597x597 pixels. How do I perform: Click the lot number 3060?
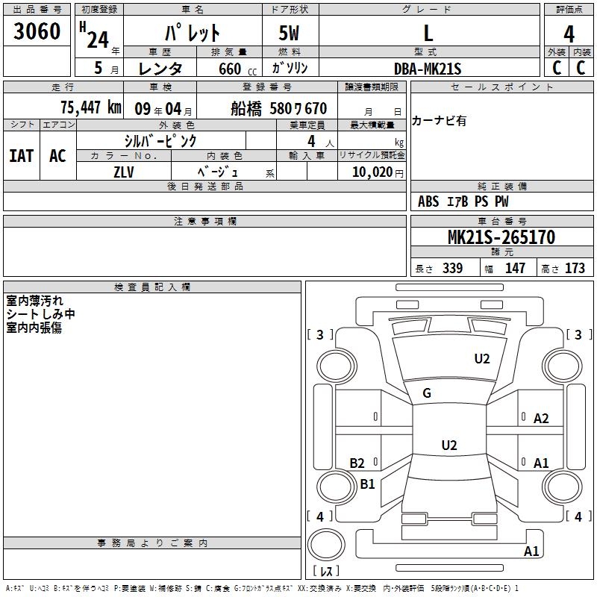(x=37, y=31)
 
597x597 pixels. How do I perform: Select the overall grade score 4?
(x=569, y=34)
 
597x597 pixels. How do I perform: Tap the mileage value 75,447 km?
(x=91, y=107)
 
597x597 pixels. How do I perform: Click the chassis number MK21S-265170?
(x=501, y=237)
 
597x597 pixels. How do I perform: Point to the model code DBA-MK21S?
(x=428, y=69)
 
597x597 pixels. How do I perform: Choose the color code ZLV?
(x=124, y=172)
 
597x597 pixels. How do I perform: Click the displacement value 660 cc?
(x=237, y=69)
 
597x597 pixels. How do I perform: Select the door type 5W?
(x=289, y=33)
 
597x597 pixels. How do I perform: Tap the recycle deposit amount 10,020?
(x=372, y=172)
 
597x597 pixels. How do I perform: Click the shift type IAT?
(x=22, y=156)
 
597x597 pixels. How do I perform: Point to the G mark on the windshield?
(x=427, y=393)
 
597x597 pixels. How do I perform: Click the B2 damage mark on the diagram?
(x=357, y=463)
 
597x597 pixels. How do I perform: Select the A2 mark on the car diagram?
(x=541, y=419)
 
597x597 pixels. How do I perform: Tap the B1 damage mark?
(x=367, y=484)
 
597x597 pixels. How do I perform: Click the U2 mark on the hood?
(x=482, y=359)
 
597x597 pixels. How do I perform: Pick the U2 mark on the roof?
(x=449, y=445)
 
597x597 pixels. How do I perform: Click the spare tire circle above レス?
(x=326, y=544)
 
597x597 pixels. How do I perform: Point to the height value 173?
(x=575, y=268)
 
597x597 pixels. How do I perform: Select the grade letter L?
(x=428, y=34)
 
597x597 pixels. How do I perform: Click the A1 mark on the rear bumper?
(x=531, y=551)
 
